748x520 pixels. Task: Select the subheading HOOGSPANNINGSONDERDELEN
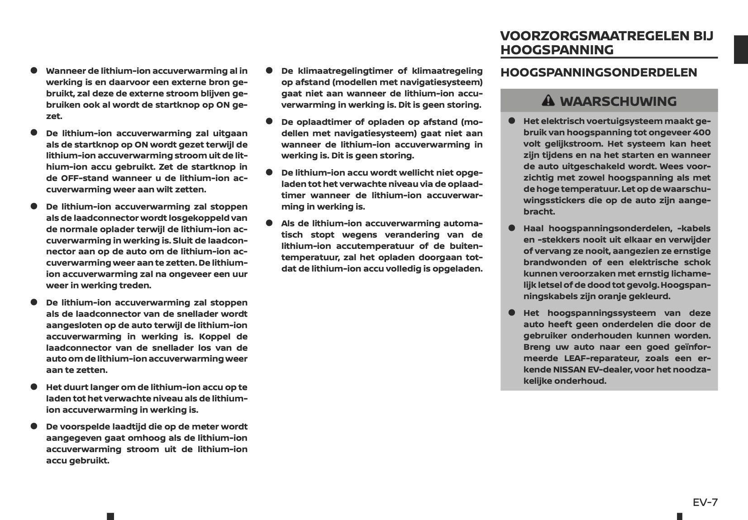pyautogui.click(x=599, y=72)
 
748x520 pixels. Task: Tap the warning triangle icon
pyautogui.click(x=548, y=100)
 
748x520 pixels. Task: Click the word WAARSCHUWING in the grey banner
pyautogui.click(x=618, y=101)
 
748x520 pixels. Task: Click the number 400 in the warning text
pyautogui.click(x=701, y=133)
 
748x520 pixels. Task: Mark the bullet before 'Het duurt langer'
pyautogui.click(x=33, y=387)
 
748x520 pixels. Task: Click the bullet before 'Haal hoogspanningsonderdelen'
pyautogui.click(x=512, y=229)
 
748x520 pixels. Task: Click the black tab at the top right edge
pyautogui.click(x=740, y=49)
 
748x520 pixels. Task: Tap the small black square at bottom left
pyautogui.click(x=110, y=516)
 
